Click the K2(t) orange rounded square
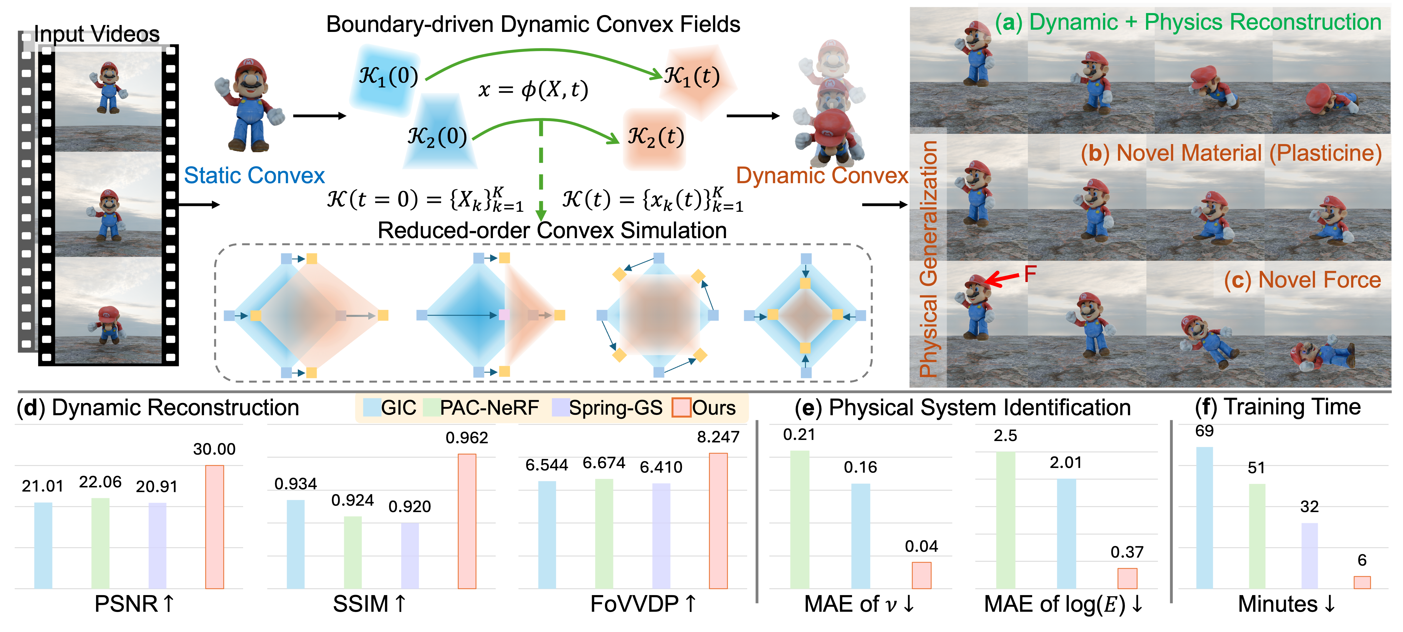point(655,139)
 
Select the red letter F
point(1029,273)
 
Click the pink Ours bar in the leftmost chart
point(215,527)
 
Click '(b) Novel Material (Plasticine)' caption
point(1231,153)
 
